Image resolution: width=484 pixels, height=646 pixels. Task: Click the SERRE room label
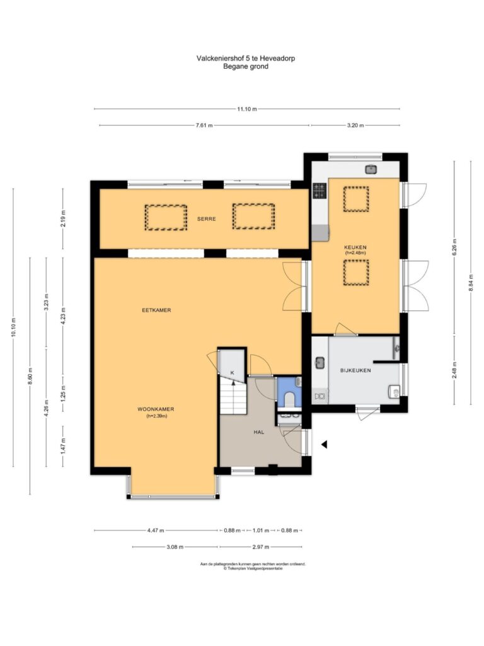coord(206,219)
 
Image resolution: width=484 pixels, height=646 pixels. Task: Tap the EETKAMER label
coord(156,310)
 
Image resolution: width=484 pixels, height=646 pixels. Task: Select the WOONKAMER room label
coord(156,409)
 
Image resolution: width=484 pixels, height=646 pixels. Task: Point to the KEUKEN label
coord(355,247)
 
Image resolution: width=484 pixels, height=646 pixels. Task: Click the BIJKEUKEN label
coord(355,370)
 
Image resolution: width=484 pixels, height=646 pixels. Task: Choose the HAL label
coord(259,432)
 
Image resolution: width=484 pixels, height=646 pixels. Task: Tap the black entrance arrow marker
coord(325,445)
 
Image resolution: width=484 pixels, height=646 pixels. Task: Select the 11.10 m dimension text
coord(247,109)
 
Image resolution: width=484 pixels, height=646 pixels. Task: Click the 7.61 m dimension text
coord(204,126)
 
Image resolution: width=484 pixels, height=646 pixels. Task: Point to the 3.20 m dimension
coord(355,126)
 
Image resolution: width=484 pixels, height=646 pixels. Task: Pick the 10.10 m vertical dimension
coord(13,327)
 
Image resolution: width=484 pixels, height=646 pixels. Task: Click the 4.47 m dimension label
coord(156,530)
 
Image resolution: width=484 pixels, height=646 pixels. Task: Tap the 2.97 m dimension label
coord(260,547)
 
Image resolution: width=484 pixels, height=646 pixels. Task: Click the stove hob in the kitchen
coord(320,191)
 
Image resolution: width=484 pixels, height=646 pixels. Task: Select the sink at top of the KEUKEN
coord(371,169)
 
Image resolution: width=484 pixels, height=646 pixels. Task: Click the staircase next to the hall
coord(233,395)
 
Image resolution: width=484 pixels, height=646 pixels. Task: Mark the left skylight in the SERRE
coord(166,217)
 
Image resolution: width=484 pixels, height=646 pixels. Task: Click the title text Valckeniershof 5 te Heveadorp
coord(246,58)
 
